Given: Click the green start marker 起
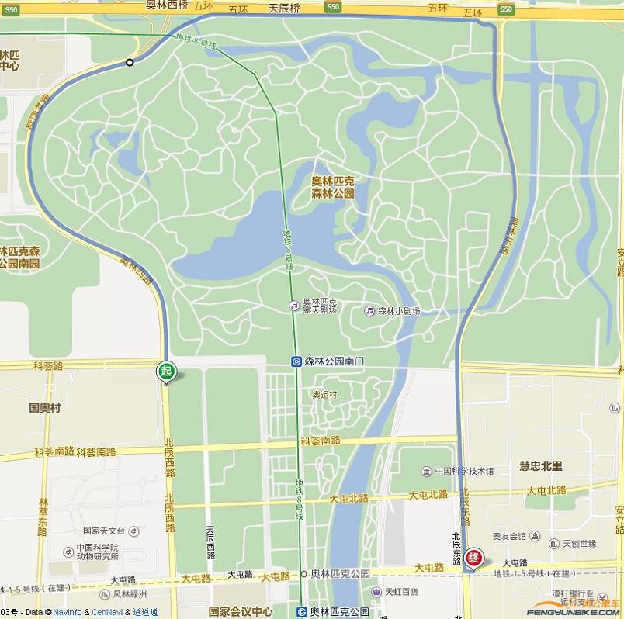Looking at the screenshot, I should tap(165, 372).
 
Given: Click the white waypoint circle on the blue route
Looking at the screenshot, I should tap(130, 62).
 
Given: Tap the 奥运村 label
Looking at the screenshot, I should tap(325, 395).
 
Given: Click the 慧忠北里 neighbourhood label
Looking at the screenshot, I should tap(541, 466).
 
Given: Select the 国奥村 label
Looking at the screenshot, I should tap(45, 407).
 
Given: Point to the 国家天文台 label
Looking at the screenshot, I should tap(103, 531).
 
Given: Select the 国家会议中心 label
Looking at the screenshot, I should tap(241, 611).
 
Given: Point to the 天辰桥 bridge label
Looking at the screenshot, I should tap(284, 8).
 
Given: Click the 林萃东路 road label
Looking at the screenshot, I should tap(43, 517).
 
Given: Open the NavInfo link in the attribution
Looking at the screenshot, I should tap(68, 613).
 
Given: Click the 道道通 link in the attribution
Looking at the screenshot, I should tap(145, 613).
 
